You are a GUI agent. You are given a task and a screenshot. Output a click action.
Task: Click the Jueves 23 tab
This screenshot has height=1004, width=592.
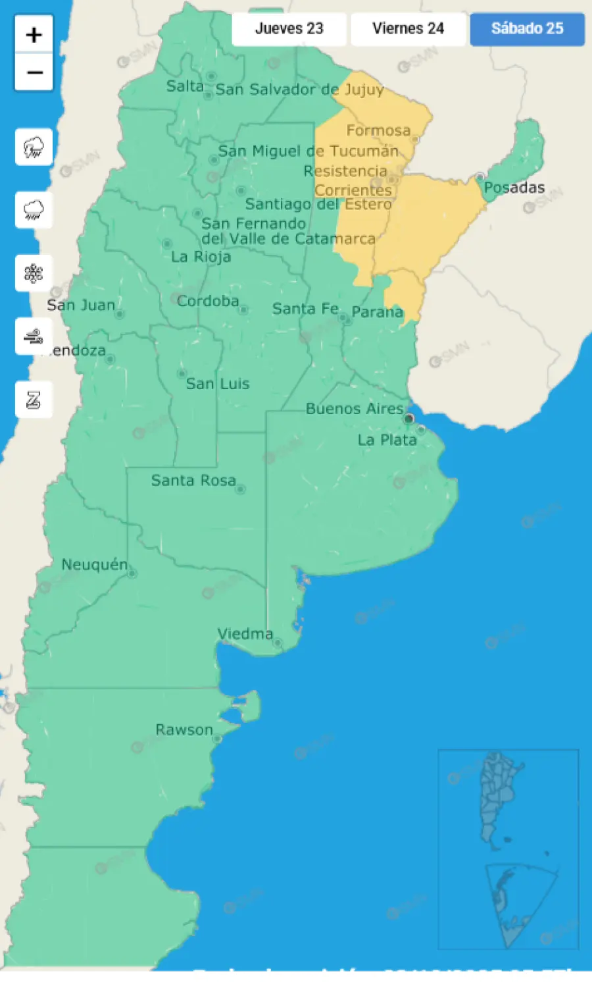[x=289, y=29]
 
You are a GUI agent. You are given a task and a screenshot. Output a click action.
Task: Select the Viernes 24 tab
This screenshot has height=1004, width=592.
[x=408, y=29]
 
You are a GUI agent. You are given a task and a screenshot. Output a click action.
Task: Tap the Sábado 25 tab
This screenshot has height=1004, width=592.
[x=527, y=29]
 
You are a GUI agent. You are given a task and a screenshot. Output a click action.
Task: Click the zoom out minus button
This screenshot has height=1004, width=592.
[x=34, y=72]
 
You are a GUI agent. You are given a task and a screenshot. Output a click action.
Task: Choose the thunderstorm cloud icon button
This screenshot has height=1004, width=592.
[x=34, y=147]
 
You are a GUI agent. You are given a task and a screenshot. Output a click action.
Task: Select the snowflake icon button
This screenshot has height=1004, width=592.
[x=34, y=273]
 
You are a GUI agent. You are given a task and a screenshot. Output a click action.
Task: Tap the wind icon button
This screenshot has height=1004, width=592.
[x=34, y=336]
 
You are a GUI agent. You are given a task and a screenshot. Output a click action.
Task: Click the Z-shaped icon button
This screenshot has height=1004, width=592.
[x=34, y=400]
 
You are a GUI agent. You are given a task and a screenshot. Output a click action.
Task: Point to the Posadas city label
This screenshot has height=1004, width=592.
[x=514, y=188]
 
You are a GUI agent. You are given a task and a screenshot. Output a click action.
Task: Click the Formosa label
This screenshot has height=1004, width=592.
[x=378, y=130]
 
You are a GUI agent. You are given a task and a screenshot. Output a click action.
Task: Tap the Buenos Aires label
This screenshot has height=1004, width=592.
[x=355, y=409]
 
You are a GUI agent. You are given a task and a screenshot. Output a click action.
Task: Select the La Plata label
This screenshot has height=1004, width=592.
[x=387, y=440]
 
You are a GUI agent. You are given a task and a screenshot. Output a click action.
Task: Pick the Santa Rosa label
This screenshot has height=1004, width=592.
[x=193, y=481]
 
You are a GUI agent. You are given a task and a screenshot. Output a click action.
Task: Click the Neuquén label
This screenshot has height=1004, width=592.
[x=95, y=565]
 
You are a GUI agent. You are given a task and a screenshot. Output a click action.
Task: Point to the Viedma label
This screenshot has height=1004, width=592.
[x=245, y=634]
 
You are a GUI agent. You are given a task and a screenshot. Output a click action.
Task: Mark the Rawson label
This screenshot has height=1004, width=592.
[x=184, y=730]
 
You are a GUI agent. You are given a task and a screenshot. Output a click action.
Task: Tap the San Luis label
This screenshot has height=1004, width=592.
[x=218, y=384]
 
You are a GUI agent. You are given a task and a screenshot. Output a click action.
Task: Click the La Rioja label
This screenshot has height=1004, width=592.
[x=201, y=257]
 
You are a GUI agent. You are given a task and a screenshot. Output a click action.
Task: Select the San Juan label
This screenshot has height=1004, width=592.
[x=81, y=305]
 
